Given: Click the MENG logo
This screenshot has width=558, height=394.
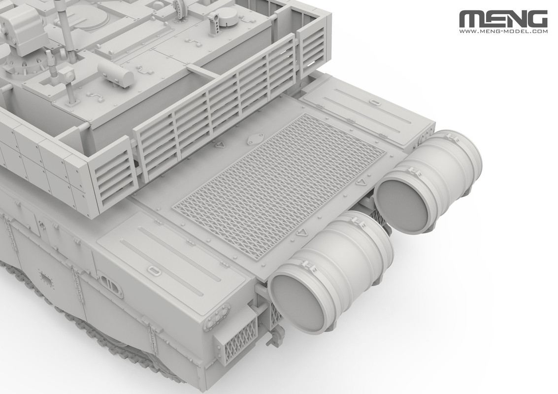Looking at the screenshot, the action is pos(503,18).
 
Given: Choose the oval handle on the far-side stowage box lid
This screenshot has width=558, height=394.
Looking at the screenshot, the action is pos(374,102).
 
